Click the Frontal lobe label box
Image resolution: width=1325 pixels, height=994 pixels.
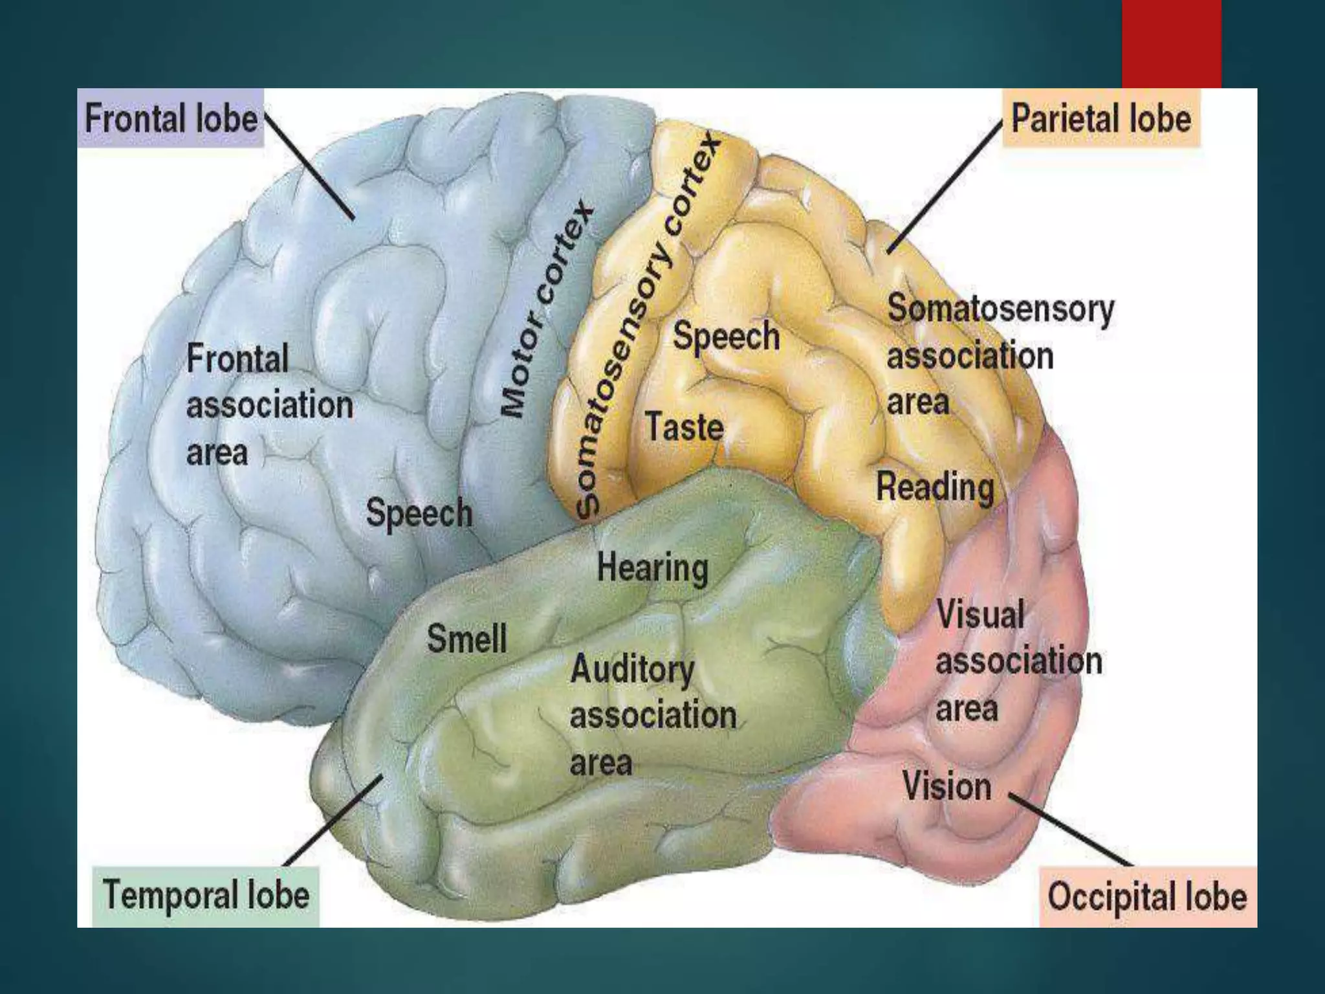171,118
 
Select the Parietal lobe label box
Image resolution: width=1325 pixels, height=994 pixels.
1101,118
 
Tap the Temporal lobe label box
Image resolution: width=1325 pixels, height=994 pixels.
206,896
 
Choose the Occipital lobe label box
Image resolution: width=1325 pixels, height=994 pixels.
1148,897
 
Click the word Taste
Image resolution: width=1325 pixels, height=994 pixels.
684,427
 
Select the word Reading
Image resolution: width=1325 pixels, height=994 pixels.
935,487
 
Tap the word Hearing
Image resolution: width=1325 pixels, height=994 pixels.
652,568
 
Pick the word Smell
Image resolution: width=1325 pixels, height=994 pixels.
466,639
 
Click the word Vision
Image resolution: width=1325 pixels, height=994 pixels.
947,786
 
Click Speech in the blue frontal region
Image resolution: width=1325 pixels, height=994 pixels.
419,513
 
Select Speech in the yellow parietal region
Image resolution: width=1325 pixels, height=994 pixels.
726,336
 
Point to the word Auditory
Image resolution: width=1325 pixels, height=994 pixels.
632,669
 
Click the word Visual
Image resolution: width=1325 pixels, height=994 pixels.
980,613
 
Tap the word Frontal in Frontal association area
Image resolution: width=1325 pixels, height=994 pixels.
237,359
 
